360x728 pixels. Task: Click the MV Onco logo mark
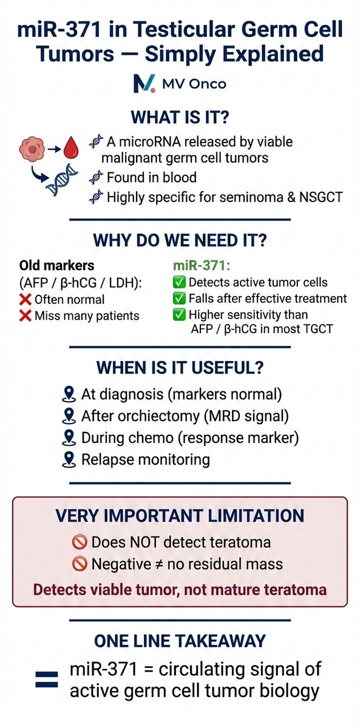[144, 83]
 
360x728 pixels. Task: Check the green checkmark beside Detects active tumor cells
[179, 283]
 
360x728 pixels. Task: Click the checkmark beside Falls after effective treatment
[179, 298]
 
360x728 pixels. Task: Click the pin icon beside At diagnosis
[69, 394]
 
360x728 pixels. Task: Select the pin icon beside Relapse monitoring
[69, 459]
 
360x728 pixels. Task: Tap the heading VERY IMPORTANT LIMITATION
[180, 516]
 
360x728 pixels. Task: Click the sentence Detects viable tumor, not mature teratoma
[180, 588]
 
